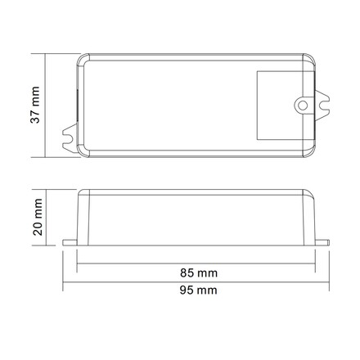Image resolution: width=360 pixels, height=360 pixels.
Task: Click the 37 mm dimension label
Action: click(x=35, y=105)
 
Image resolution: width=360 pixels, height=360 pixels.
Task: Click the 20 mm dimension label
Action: click(x=38, y=217)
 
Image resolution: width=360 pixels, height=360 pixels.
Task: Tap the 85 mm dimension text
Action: click(x=199, y=272)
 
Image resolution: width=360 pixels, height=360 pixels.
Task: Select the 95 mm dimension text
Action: click(x=199, y=290)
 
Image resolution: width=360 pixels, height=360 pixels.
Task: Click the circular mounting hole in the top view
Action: click(x=303, y=106)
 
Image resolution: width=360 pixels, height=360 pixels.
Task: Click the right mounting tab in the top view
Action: click(x=322, y=106)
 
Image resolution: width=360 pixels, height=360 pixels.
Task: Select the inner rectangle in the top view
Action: click(x=257, y=106)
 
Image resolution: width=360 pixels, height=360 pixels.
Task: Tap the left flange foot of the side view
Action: click(x=70, y=243)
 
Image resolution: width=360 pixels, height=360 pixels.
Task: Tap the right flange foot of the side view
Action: click(x=322, y=242)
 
